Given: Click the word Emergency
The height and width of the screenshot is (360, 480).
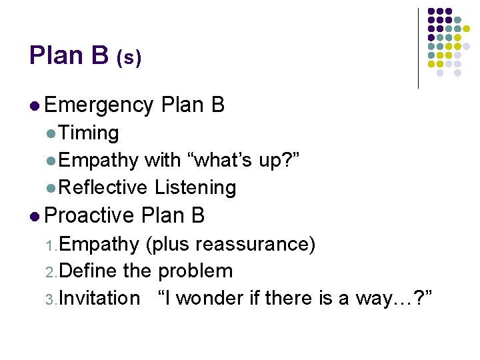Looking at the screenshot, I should pos(99,105).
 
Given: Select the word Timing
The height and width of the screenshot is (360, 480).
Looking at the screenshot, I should pos(88,133).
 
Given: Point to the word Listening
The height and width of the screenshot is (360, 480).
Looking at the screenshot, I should pos(195,188).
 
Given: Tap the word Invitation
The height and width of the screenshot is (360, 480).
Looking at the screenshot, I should pos(99,298).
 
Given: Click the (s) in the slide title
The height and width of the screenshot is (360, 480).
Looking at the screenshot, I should pos(129,59).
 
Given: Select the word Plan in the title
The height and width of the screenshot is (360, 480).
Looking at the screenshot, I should pos(54,55).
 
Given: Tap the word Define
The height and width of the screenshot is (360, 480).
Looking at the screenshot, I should pos(90,271).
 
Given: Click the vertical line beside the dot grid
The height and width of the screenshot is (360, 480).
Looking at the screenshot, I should pos(419,48).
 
